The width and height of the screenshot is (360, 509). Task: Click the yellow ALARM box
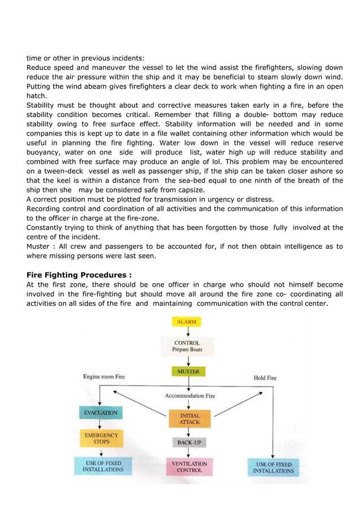pos(186,322)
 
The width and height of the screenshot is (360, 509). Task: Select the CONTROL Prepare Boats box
pos(186,346)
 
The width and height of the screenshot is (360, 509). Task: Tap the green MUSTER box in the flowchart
pos(187,372)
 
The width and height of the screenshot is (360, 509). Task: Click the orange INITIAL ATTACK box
pos(189,418)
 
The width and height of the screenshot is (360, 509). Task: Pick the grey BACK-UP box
pos(190,443)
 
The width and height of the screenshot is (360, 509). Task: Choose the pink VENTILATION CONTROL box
pos(189,467)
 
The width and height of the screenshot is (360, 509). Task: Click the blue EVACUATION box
pos(100,413)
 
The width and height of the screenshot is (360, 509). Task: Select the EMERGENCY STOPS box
pos(100,438)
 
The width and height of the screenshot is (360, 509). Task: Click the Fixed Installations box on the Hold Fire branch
pos(273,467)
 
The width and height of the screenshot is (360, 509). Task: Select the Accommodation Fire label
pos(190,396)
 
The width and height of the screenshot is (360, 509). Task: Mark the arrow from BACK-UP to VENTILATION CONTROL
pos(189,453)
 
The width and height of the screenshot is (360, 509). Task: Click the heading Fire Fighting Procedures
pos(79,275)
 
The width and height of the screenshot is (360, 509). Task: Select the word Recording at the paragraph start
pos(46,209)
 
